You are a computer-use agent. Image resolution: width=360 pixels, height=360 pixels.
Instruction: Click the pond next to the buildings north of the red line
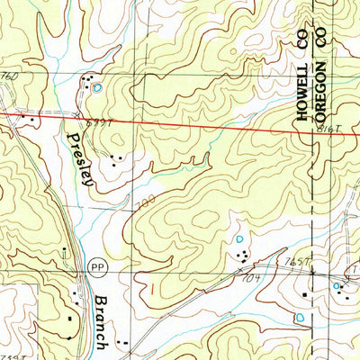(x=96, y=88)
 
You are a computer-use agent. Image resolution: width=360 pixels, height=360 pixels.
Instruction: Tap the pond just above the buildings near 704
(x=240, y=239)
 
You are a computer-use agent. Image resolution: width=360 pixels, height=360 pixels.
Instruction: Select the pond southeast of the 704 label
(x=299, y=317)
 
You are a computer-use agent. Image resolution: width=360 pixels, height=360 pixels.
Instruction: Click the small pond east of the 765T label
(x=337, y=287)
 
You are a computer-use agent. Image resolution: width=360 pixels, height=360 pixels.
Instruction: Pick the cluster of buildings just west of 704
(x=243, y=257)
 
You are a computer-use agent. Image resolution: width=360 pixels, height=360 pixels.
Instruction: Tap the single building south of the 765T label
(x=306, y=293)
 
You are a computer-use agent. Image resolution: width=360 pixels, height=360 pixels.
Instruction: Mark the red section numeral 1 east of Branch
(x=151, y=287)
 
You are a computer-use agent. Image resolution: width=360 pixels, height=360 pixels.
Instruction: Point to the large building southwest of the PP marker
(x=69, y=317)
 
